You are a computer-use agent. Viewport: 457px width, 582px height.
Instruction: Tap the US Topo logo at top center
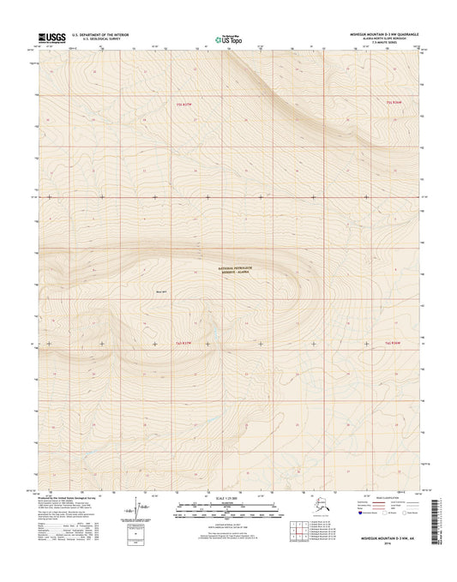(x=228, y=38)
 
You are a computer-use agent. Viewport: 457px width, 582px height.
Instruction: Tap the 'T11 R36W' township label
(x=394, y=102)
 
